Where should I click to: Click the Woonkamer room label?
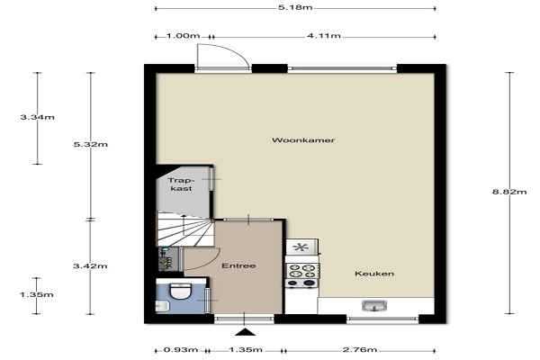pyautogui.click(x=303, y=140)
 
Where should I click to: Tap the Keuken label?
pyautogui.click(x=374, y=274)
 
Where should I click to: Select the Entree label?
pyautogui.click(x=238, y=266)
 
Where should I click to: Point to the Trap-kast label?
pyautogui.click(x=182, y=184)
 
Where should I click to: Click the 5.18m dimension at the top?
pyautogui.click(x=295, y=7)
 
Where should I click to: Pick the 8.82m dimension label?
pyautogui.click(x=509, y=192)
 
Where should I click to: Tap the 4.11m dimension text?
pyautogui.click(x=324, y=35)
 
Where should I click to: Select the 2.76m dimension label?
pyautogui.click(x=360, y=350)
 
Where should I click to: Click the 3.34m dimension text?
pyautogui.click(x=37, y=117)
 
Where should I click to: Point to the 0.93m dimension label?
pyautogui.click(x=181, y=350)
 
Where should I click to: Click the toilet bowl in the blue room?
pyautogui.click(x=181, y=292)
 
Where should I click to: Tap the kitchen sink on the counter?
pyautogui.click(x=374, y=306)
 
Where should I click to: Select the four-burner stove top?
pyautogui.click(x=302, y=271)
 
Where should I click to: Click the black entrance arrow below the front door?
pyautogui.click(x=245, y=332)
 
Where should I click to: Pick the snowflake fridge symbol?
pyautogui.click(x=301, y=247)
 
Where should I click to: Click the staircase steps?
pyautogui.click(x=185, y=229)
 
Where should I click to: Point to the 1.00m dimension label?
pyautogui.click(x=183, y=35)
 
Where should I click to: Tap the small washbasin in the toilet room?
pyautogui.click(x=162, y=306)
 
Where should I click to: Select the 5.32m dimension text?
pyautogui.click(x=91, y=144)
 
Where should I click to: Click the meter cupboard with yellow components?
pyautogui.click(x=168, y=259)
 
